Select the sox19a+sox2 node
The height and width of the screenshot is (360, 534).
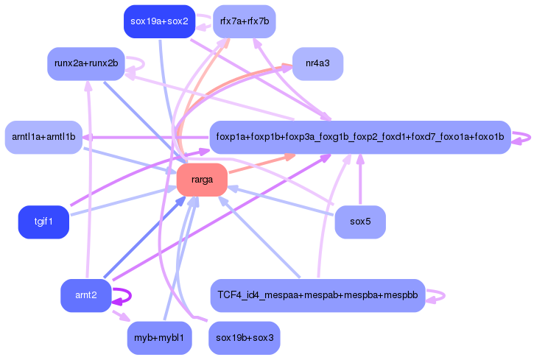159,21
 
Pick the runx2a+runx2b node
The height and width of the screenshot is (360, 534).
85,63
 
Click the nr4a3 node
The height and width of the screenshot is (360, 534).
317,63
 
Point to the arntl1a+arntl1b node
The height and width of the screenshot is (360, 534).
43,137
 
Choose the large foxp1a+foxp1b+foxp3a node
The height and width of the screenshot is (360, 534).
360,137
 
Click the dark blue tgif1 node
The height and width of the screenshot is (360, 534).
43,222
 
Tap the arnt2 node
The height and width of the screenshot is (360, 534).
85,296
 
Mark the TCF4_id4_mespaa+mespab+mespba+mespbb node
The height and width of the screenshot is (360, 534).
317,296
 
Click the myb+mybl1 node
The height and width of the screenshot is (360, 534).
159,339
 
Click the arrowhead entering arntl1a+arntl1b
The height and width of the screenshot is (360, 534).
87,137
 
